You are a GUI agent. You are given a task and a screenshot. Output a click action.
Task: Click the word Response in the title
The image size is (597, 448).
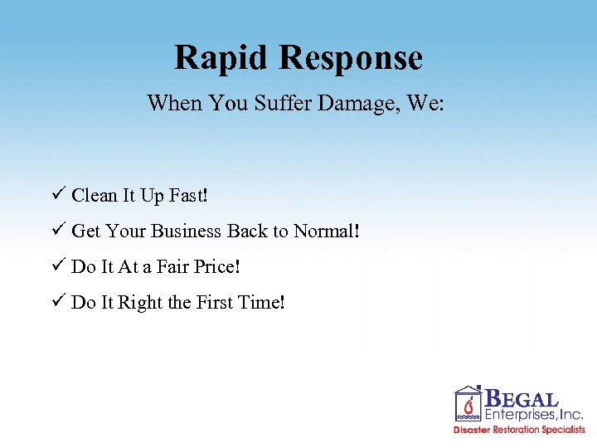click(x=351, y=58)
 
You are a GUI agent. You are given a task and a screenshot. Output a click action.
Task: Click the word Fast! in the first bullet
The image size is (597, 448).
click(x=189, y=196)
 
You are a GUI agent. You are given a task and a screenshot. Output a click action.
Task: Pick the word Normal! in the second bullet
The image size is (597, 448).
click(x=329, y=231)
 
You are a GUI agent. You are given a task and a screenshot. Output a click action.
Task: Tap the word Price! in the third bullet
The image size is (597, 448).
click(x=217, y=267)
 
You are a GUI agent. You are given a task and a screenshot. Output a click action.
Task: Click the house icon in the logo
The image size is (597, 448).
click(x=468, y=404)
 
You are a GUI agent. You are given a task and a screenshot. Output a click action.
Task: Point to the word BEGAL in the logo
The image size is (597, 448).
click(x=522, y=399)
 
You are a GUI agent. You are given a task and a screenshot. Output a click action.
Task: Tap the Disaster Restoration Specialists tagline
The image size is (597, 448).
click(x=519, y=430)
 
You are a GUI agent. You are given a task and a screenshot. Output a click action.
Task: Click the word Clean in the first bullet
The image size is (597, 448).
click(x=94, y=196)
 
